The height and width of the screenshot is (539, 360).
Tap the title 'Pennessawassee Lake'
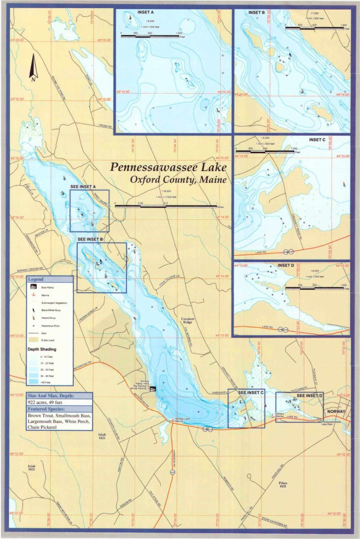169,167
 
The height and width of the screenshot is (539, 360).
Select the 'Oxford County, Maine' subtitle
178,179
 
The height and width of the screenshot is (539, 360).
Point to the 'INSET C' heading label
317,140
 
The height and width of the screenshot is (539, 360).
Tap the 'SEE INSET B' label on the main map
91,239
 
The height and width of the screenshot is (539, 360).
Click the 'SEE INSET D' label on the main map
310,395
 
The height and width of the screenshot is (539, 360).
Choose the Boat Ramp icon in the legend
33,286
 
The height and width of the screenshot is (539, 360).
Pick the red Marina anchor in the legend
33,294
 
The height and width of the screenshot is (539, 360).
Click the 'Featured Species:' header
47,409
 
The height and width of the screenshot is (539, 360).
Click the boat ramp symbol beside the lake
153,389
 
